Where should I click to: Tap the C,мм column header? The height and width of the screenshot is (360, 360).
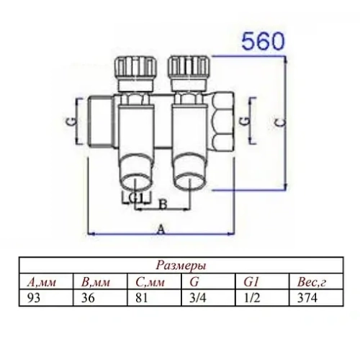click(x=150, y=281)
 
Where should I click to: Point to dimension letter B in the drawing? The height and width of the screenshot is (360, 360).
click(x=163, y=204)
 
